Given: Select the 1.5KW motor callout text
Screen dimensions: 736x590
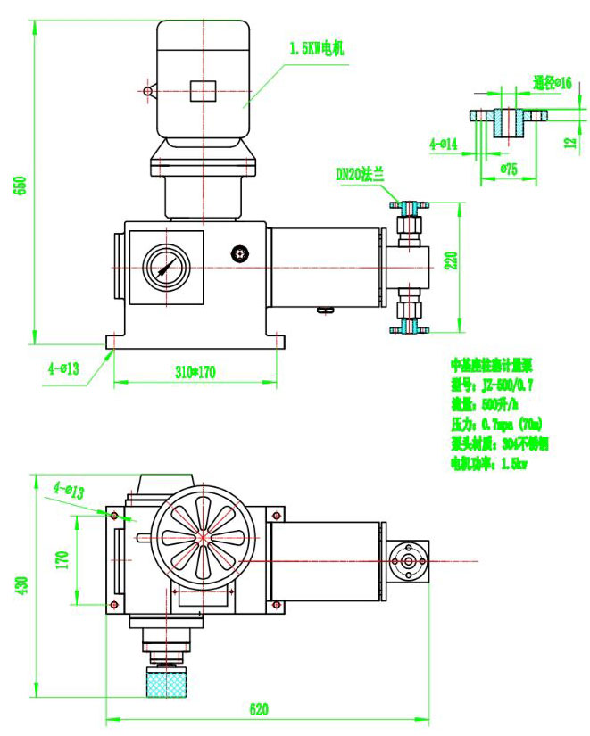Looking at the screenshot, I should click(317, 50).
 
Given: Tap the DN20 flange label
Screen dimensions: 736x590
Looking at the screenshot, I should click(359, 176).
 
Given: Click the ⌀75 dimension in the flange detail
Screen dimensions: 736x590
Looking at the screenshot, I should click(509, 168).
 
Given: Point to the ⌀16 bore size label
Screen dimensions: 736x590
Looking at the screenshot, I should click(552, 83).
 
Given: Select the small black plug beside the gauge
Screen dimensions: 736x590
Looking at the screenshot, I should click(238, 254).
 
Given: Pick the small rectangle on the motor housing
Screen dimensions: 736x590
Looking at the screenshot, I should click(204, 90).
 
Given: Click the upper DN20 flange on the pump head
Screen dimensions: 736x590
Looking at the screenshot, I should click(410, 207).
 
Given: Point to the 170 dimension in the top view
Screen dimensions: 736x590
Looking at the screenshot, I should click(62, 560).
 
